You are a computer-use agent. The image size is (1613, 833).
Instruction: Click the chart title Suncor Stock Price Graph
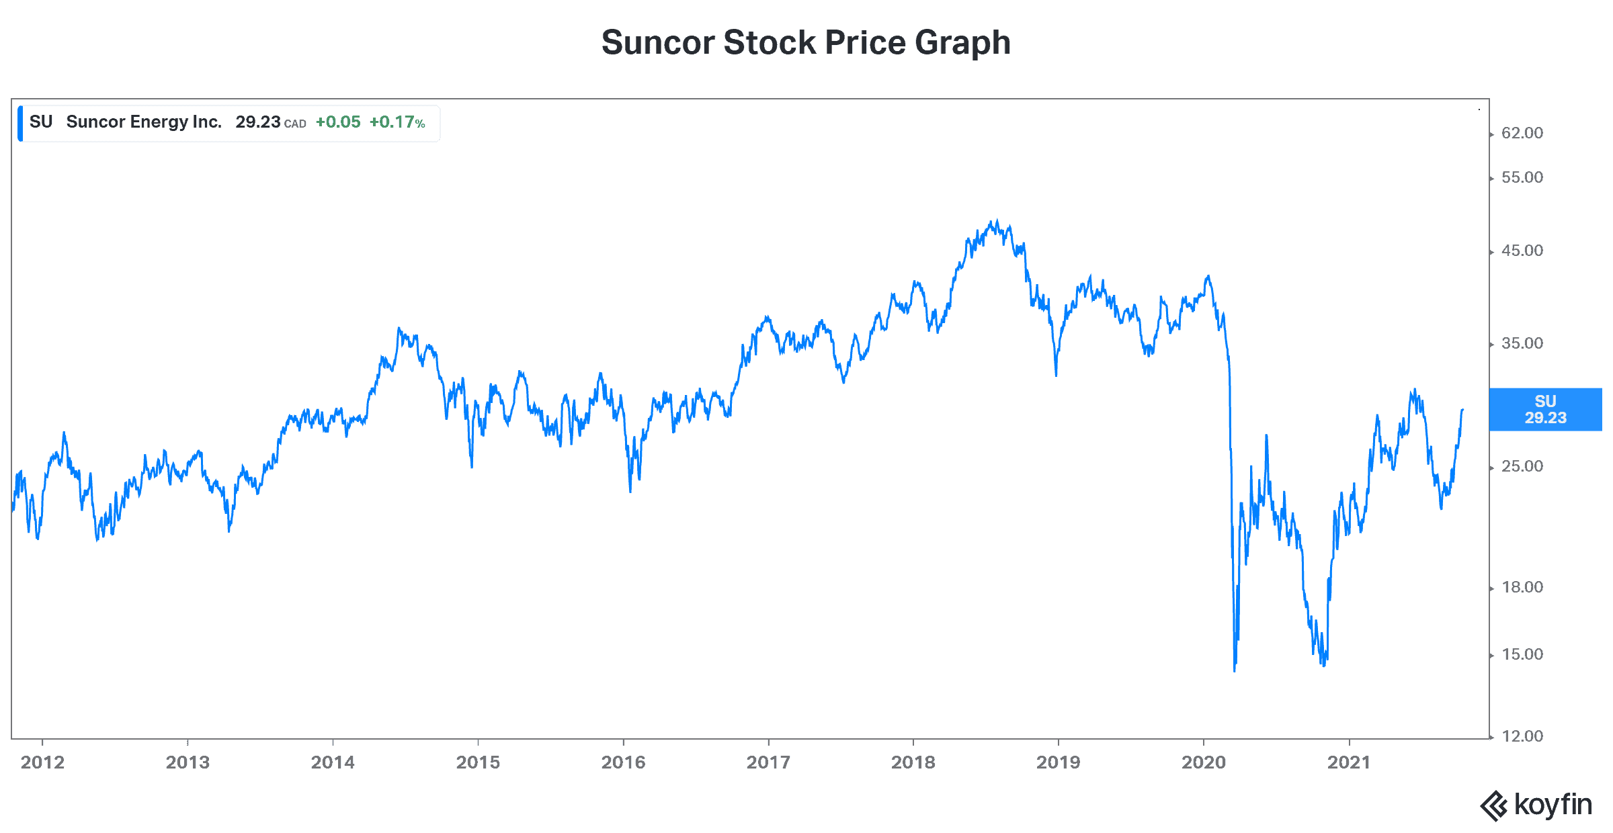point(805,43)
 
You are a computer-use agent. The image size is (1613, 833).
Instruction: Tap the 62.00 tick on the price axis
point(1522,133)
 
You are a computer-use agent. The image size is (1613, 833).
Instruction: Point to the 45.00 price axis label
point(1522,251)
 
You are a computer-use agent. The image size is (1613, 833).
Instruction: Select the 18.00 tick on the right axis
point(1522,587)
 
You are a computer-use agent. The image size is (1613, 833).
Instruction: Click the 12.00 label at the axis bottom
point(1522,736)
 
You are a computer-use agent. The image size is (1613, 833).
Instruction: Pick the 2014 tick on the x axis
point(333,762)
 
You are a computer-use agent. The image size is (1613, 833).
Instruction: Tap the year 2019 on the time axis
point(1058,762)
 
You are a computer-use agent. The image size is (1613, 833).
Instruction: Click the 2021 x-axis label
point(1348,762)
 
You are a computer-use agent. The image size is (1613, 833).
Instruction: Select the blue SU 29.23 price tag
point(1545,409)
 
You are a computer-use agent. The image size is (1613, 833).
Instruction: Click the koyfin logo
point(1536,805)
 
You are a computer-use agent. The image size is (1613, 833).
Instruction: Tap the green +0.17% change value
point(397,122)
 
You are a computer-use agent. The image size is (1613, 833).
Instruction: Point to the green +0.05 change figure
point(338,122)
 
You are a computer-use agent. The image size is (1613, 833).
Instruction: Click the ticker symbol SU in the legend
point(41,122)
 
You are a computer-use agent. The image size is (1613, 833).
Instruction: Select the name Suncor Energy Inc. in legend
point(144,122)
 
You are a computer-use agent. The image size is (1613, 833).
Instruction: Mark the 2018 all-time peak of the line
point(997,220)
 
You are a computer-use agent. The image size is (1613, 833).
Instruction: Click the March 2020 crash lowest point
point(1235,670)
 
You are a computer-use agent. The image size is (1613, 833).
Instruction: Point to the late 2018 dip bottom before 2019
point(1056,375)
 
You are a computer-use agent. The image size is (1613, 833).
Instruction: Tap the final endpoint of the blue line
point(1462,409)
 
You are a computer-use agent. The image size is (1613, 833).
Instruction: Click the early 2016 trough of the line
point(630,491)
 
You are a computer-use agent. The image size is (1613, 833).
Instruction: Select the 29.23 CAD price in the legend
point(270,122)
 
